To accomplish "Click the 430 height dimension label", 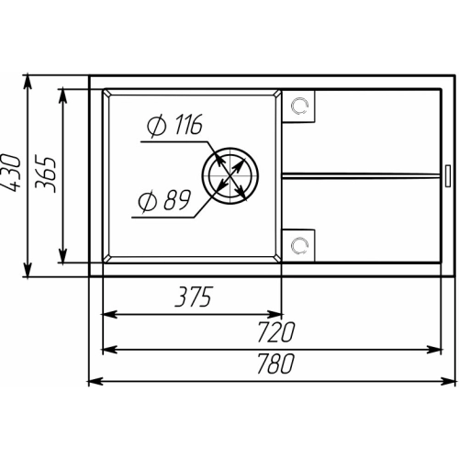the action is pyautogui.click(x=12, y=173).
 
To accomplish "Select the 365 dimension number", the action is pyautogui.click(x=46, y=174).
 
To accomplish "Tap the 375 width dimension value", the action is pyautogui.click(x=194, y=297).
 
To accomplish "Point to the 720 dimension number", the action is pyautogui.click(x=275, y=331).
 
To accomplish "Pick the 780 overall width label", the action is pyautogui.click(x=275, y=364).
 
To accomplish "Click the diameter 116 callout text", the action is pyautogui.click(x=174, y=125).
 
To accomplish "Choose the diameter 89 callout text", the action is pyautogui.click(x=165, y=200).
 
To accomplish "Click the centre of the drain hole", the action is pyautogui.click(x=230, y=175).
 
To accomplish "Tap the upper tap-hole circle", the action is pyautogui.click(x=299, y=106).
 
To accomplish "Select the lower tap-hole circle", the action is pyautogui.click(x=299, y=245).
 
